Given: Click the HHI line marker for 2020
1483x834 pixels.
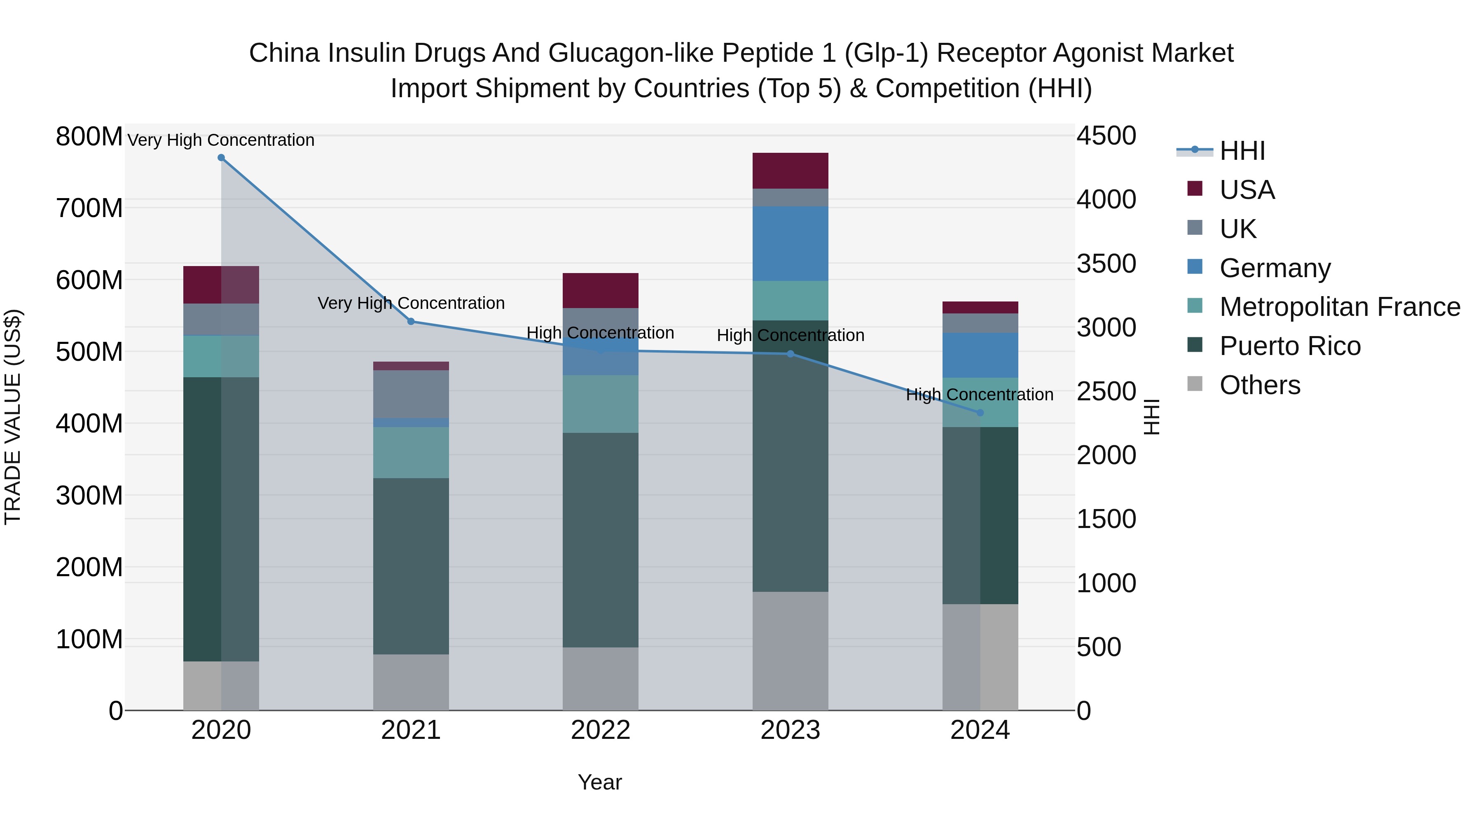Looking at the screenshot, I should tap(221, 158).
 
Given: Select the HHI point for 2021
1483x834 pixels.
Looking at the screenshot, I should tap(411, 321).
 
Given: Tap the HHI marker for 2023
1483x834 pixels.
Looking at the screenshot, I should tap(791, 354).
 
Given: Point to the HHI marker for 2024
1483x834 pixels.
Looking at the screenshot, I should tap(980, 413).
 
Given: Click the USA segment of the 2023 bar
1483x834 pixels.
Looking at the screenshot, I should tap(791, 171).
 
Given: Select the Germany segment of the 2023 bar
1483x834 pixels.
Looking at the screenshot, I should tap(791, 243).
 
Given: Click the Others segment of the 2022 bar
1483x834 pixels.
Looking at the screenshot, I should tap(601, 679).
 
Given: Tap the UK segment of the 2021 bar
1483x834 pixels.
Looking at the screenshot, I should tap(411, 394).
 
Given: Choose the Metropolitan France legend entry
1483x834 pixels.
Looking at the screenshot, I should tap(1339, 307).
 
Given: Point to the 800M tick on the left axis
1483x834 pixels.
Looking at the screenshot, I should tap(89, 137).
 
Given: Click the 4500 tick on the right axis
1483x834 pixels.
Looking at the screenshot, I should tap(1106, 136).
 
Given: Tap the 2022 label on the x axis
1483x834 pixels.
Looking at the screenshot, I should tap(601, 730).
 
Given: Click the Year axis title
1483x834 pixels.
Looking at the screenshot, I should tap(600, 782).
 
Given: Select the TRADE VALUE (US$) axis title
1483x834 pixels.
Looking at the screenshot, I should tap(13, 417).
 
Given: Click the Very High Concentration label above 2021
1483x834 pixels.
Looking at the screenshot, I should tap(411, 303).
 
